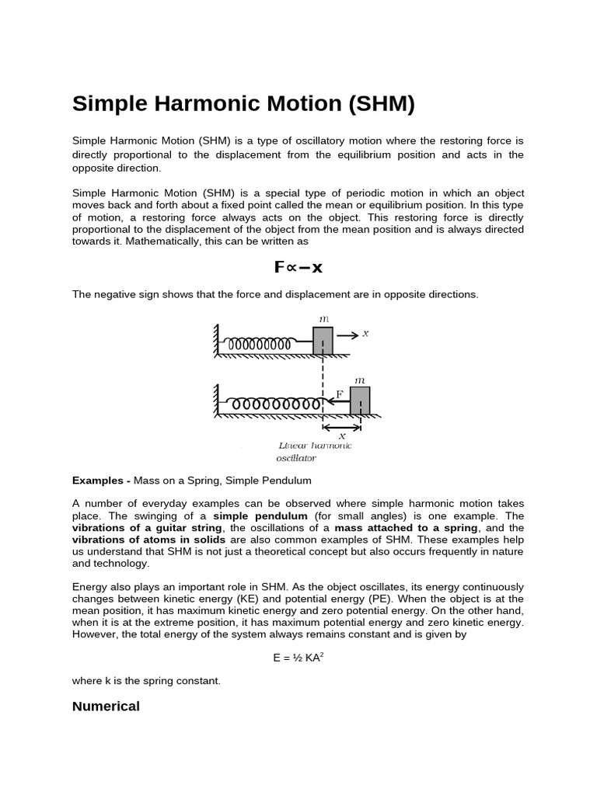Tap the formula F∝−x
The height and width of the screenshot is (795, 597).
pos(298,268)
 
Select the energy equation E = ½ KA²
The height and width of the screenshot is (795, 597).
pos(298,658)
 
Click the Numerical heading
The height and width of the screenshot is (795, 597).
pos(106,706)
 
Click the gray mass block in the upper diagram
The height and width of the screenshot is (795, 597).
pos(323,341)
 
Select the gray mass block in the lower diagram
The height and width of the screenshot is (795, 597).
pos(360,401)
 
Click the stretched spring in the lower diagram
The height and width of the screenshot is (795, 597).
pos(276,404)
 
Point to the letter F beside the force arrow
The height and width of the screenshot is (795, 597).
pos(339,394)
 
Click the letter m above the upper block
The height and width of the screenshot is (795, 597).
pos(323,319)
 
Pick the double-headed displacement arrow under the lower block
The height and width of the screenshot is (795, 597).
pos(342,426)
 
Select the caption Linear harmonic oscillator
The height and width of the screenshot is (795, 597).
pos(314,452)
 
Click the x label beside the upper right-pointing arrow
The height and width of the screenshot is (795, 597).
pos(365,333)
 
